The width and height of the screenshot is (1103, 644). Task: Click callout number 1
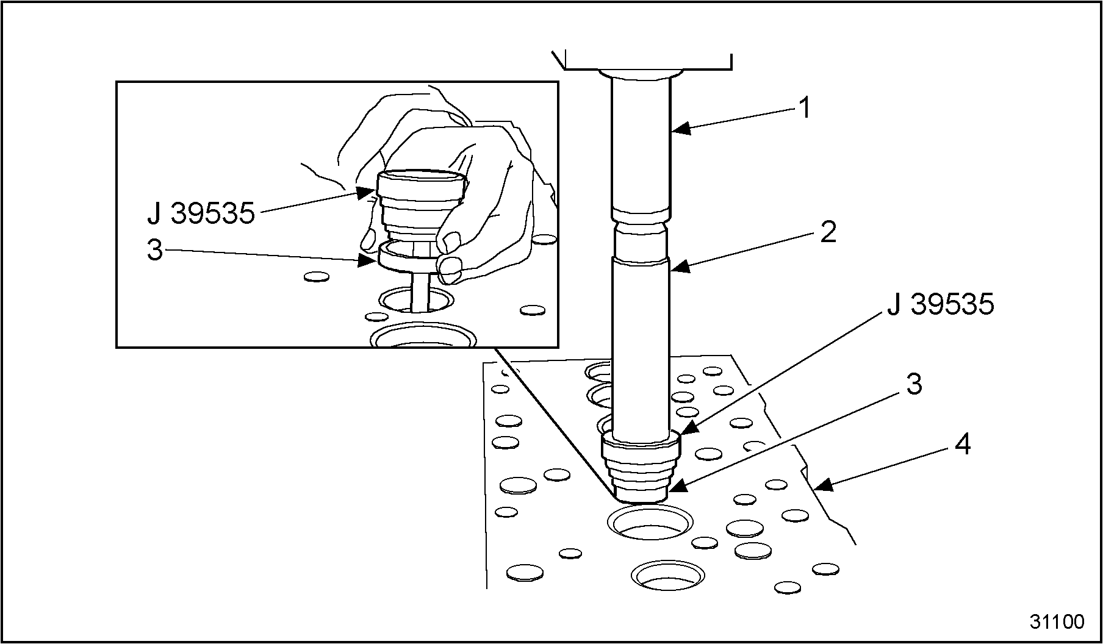click(805, 109)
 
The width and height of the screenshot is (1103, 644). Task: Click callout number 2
click(827, 232)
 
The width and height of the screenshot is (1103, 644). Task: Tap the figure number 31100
click(1057, 622)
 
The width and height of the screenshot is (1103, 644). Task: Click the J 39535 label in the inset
click(201, 213)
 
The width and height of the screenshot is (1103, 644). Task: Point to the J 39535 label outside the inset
click(941, 304)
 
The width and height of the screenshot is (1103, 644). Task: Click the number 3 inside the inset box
click(156, 250)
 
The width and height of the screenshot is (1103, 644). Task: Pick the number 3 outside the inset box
click(913, 384)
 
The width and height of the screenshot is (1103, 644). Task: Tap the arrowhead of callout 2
click(678, 267)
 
